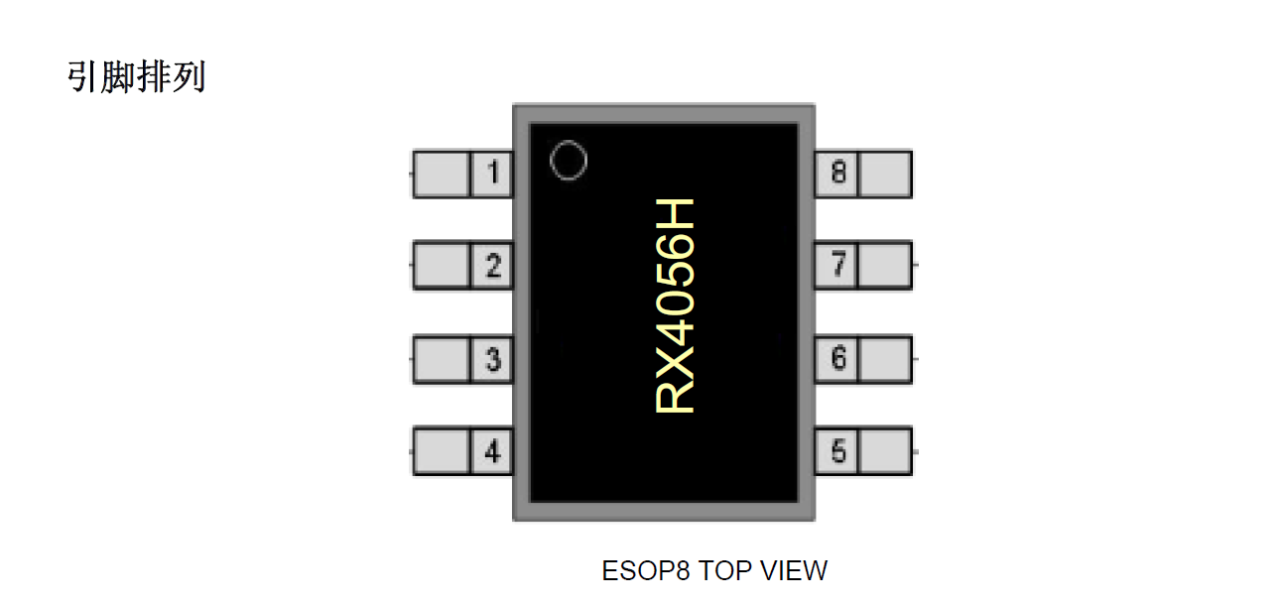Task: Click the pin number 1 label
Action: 492,176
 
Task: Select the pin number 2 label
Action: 492,266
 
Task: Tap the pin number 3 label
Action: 492,359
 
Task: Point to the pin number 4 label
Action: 492,452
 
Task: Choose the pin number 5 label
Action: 838,452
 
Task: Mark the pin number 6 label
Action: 838,358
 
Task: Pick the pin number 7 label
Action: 838,265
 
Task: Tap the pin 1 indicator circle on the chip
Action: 569,161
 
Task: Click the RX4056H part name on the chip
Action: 676,305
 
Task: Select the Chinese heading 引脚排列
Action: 136,76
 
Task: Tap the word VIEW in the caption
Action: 794,571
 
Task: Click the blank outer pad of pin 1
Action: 441,176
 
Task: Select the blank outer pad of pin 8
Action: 884,174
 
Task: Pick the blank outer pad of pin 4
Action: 441,452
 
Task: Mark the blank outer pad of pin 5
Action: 884,452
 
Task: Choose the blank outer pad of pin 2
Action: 441,266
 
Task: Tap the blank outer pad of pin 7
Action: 884,265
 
